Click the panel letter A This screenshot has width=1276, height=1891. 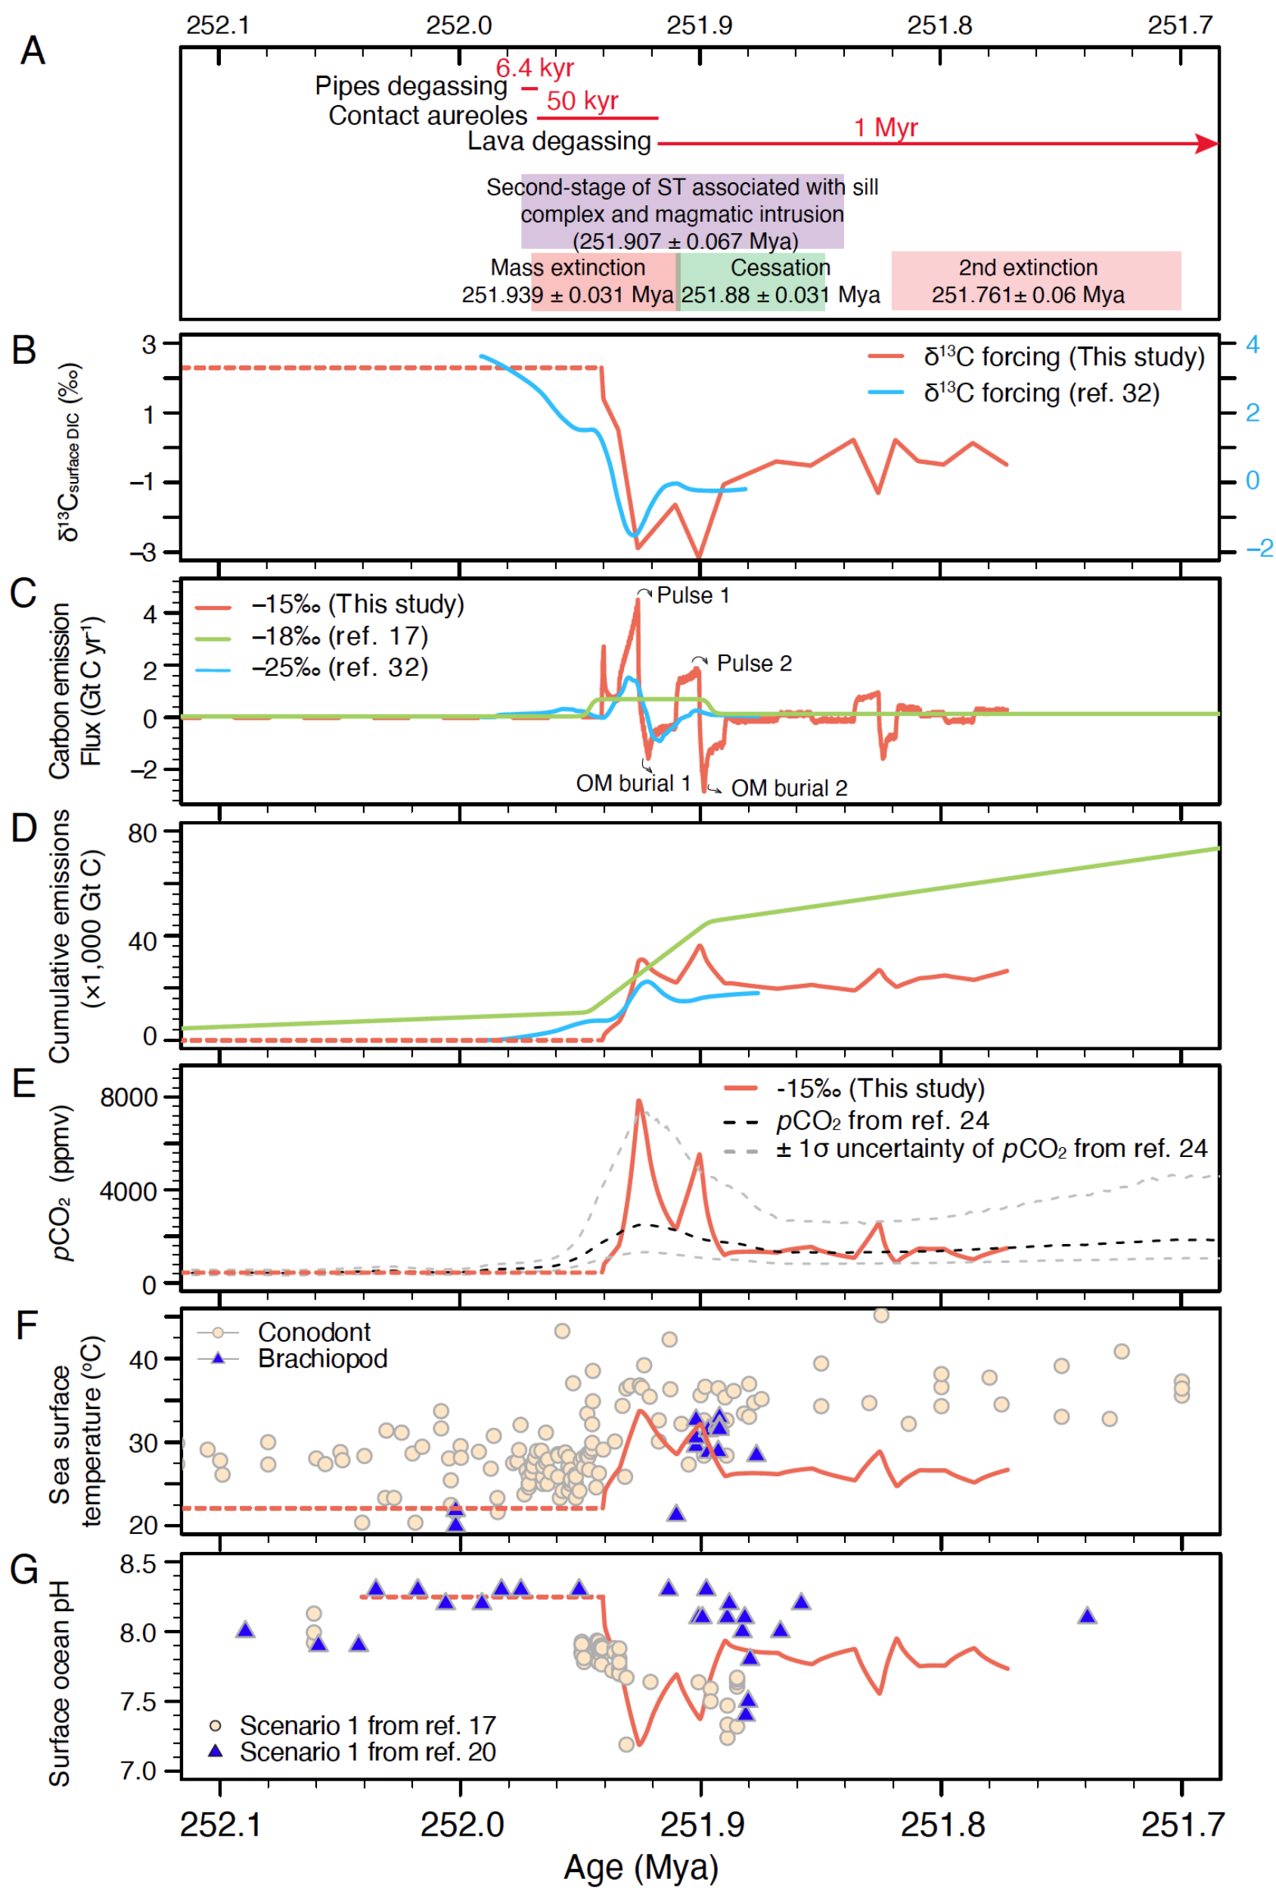(33, 51)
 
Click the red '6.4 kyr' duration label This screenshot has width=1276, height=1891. (534, 68)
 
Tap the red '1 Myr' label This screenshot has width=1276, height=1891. (886, 128)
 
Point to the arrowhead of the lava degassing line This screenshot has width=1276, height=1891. (1208, 144)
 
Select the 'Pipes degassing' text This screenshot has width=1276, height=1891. (411, 86)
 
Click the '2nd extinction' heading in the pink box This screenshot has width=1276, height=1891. (1027, 268)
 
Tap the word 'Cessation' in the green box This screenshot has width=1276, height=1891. (780, 268)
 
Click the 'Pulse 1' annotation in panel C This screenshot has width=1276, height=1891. (693, 596)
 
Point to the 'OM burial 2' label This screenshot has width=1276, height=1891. (788, 788)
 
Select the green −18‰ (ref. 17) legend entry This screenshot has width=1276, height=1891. (339, 636)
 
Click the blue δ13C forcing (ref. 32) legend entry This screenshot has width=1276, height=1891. (1041, 393)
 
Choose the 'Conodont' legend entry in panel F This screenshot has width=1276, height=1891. (313, 1332)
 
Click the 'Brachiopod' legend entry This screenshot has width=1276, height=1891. (322, 1359)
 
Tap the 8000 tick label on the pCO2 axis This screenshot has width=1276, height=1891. (129, 1098)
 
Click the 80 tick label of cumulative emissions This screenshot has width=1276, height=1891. (142, 833)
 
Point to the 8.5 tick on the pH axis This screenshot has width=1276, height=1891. (138, 1564)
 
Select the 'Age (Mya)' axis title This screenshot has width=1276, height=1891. (641, 1868)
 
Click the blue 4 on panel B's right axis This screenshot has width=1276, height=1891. (1253, 345)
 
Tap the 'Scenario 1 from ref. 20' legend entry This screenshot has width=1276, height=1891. (367, 1752)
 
